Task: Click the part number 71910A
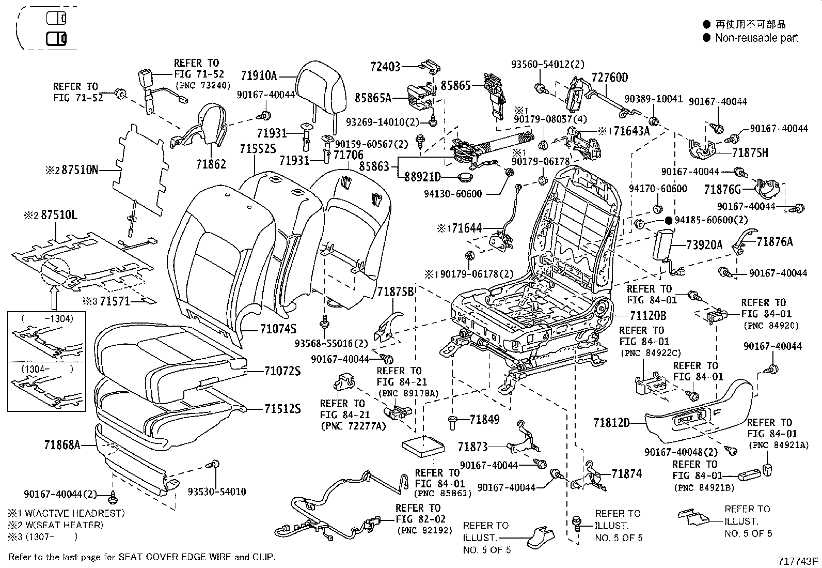[x=259, y=76]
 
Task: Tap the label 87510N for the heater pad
[x=80, y=170]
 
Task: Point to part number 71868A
[x=62, y=444]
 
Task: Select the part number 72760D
[x=610, y=78]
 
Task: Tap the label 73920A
[x=704, y=245]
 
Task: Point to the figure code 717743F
[x=798, y=561]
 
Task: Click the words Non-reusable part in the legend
[x=756, y=38]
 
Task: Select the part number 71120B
[x=648, y=315]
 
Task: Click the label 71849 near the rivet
[x=484, y=420]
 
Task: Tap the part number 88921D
[x=422, y=177]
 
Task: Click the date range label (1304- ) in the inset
[x=46, y=369]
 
